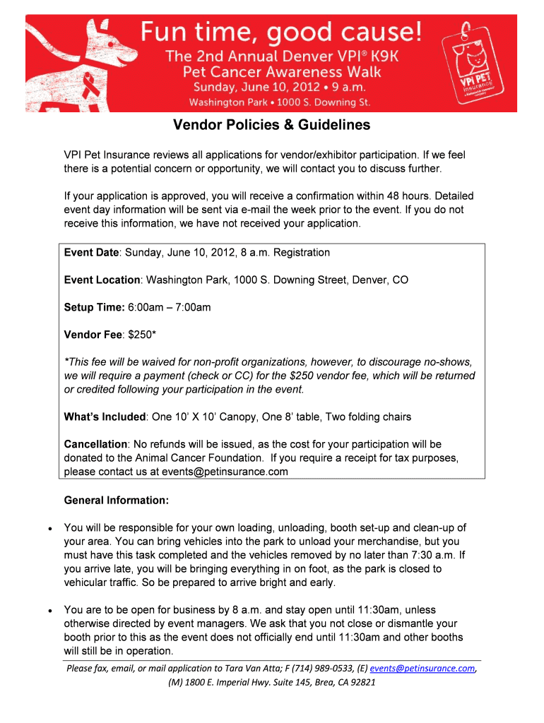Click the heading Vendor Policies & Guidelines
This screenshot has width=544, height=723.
pos(272,126)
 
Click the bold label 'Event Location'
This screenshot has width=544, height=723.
pos(102,280)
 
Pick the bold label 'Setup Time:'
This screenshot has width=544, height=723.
pos(94,307)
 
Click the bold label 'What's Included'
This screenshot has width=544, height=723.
pos(105,417)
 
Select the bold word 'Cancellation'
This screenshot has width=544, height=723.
pos(95,444)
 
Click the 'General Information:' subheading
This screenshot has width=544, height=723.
pos(117,501)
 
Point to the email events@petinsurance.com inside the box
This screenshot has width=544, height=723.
pos(224,472)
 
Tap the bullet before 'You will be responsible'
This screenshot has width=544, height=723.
pos(47,528)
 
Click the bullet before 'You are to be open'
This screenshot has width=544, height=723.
pos(47,610)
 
